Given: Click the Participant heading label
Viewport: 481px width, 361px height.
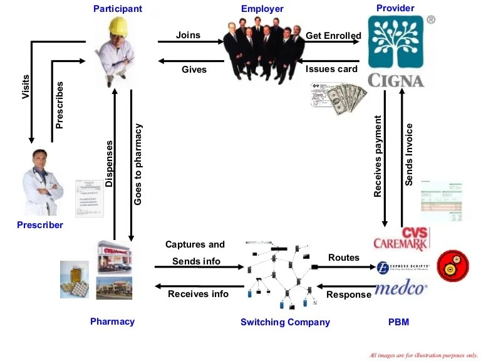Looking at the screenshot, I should tap(118, 9).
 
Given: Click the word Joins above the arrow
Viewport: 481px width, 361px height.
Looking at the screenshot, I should tap(188, 34).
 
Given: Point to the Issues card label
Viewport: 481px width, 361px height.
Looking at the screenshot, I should tap(331, 69).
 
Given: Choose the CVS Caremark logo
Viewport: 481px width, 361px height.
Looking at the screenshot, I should tap(401, 239).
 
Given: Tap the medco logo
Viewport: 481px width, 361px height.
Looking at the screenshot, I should tap(401, 288).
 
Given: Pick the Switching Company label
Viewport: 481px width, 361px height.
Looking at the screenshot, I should tap(285, 322).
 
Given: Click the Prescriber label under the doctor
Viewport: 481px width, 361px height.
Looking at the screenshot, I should tap(40, 225).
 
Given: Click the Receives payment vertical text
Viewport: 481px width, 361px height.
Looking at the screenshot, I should tap(378, 157).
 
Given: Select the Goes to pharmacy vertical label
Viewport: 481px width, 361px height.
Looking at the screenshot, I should tap(138, 164).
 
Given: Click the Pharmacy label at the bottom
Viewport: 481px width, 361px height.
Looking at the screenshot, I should tap(112, 322).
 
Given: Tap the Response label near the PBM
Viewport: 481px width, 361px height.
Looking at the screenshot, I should tap(349, 295).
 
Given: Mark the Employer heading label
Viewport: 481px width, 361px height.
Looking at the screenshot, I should tap(262, 9).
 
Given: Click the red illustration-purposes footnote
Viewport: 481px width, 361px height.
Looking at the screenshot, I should tap(423, 355).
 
